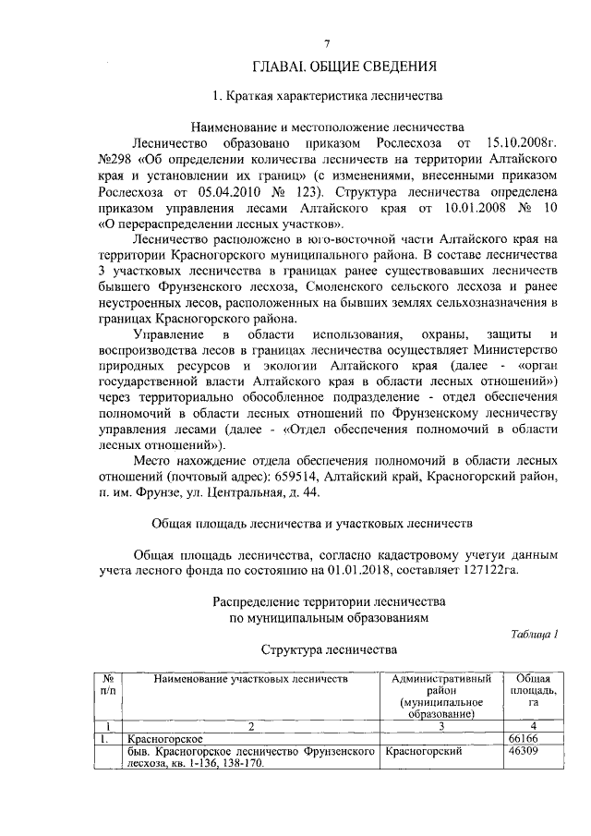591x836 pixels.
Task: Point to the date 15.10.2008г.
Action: tap(522, 144)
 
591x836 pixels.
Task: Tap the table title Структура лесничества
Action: tap(329, 650)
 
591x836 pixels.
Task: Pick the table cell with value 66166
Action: tap(523, 739)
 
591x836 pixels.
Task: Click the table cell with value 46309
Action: tap(523, 752)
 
